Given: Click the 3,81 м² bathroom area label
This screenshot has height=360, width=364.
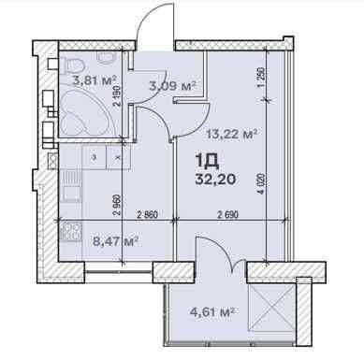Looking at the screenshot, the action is point(95,81).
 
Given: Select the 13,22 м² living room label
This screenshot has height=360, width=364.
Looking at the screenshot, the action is point(232,135).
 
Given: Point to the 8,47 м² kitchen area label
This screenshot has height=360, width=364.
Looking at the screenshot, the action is point(116,241).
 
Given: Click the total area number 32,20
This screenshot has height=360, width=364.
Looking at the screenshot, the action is point(215,180).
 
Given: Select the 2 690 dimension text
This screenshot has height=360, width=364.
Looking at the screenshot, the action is point(227,215).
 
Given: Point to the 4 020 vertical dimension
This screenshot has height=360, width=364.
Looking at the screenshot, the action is point(262,184).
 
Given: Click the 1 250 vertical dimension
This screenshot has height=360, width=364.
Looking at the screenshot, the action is point(262,77).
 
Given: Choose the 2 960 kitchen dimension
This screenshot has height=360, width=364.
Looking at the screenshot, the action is point(117,206).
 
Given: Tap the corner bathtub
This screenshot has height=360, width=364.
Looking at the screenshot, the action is point(84,113).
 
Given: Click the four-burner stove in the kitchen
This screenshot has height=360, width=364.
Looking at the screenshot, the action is point(71,232).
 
